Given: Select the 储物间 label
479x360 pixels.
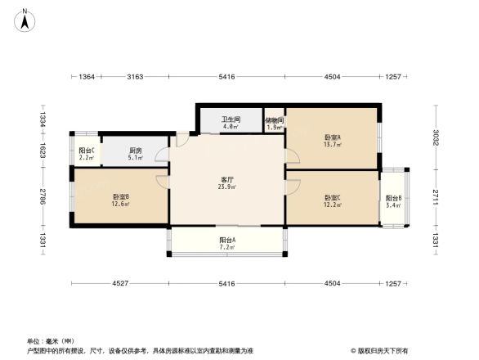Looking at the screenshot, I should [x=275, y=119].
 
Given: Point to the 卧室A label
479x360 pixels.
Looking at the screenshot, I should [x=333, y=137].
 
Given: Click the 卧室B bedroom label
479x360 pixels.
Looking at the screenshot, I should [x=121, y=196].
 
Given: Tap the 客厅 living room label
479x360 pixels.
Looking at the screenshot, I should [x=228, y=179].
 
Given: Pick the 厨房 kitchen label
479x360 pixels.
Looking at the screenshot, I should [x=136, y=151].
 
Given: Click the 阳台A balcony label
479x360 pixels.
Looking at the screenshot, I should [x=227, y=240].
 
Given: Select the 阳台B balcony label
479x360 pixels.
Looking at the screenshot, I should [x=394, y=198].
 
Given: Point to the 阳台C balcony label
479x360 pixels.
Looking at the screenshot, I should [x=86, y=151].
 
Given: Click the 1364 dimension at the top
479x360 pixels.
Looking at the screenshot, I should [x=87, y=77].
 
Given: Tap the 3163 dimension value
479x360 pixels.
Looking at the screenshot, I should [x=136, y=77].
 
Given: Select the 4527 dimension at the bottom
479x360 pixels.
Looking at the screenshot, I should [x=120, y=284].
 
